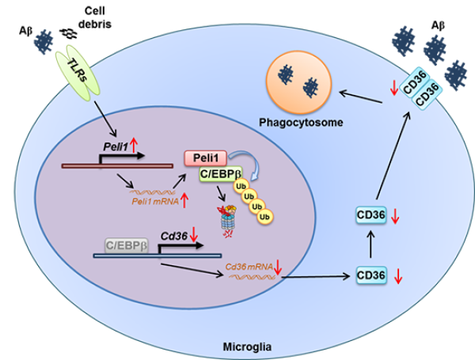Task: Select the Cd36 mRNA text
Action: click(249, 267)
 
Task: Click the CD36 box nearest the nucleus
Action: click(371, 276)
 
